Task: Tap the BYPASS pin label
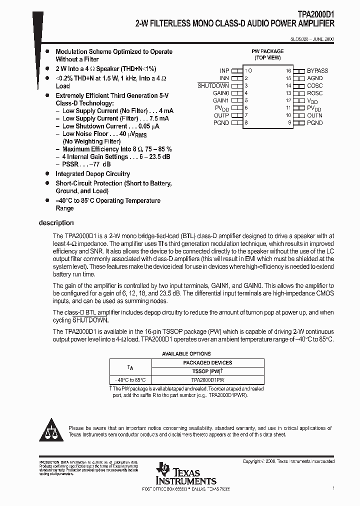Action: [x=317, y=71]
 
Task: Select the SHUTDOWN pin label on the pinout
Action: [x=213, y=86]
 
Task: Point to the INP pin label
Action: [x=224, y=71]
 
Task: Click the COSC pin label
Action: [x=314, y=86]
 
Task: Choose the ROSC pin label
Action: [x=314, y=93]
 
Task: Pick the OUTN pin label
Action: [x=314, y=115]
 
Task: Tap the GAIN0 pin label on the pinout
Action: [x=220, y=93]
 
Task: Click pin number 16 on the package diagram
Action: [x=288, y=71]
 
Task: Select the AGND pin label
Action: [x=314, y=78]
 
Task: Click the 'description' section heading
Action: [x=56, y=223]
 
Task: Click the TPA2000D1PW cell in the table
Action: [x=207, y=379]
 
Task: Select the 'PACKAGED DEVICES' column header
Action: [x=207, y=362]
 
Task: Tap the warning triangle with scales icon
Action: [x=51, y=431]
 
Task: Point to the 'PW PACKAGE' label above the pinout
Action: [x=267, y=51]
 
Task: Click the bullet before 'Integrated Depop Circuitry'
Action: [x=47, y=174]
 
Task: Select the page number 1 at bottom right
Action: [x=333, y=488]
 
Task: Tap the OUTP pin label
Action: [x=221, y=115]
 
